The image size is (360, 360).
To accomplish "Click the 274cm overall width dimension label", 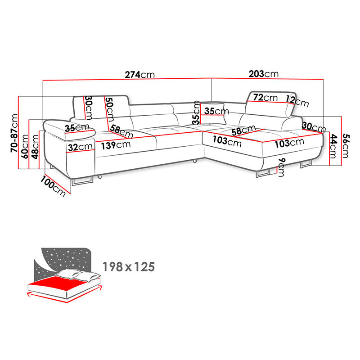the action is pos(139,75).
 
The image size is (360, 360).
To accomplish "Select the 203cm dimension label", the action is pos(264,74).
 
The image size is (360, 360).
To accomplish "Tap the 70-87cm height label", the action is pos(14,133).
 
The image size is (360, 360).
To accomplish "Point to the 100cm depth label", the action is pos(53,186).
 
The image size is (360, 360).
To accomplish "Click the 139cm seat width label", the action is pos(116,145).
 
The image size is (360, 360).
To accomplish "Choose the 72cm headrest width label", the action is pos(265,98).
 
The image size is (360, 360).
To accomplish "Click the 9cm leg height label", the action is pos(281,167).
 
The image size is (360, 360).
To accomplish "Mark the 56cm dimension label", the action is pos(346,146).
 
